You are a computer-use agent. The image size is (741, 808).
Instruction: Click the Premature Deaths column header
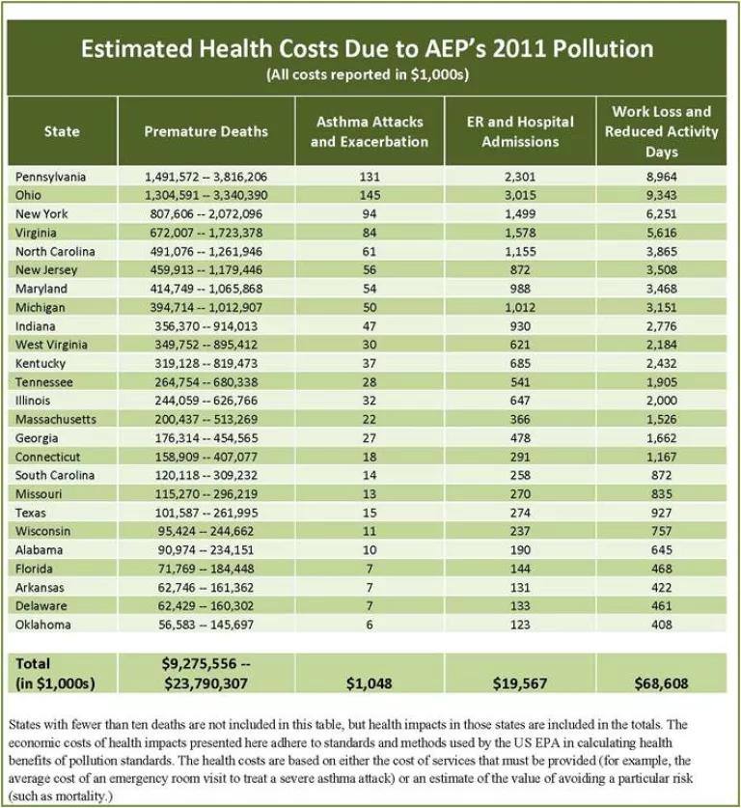(206, 131)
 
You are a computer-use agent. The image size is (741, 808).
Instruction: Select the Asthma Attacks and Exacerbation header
(370, 131)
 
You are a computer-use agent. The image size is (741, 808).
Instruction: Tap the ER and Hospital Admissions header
(520, 131)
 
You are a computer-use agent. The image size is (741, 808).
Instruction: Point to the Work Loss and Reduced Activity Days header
(661, 131)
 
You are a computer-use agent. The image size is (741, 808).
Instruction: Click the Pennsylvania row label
(50, 177)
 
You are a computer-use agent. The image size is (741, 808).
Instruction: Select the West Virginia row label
(51, 345)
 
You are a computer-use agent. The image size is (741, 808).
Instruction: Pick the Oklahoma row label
(42, 625)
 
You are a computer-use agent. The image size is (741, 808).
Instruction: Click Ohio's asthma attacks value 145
(370, 195)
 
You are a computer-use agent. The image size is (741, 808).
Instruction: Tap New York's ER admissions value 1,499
(520, 214)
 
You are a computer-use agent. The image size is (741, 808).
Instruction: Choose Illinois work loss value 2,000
(662, 401)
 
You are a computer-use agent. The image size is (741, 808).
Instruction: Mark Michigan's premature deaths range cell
(206, 308)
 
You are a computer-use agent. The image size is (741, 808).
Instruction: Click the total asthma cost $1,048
(370, 683)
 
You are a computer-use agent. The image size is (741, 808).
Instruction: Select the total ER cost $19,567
(520, 683)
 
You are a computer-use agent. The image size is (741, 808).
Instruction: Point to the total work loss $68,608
(661, 683)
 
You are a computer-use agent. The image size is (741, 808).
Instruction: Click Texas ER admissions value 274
(520, 513)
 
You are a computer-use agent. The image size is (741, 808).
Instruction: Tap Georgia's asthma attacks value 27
(370, 438)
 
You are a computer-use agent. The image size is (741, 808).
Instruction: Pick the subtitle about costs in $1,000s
(368, 74)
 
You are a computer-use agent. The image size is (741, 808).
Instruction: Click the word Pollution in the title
(603, 48)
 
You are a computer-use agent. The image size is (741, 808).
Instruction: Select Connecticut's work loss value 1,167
(662, 457)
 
